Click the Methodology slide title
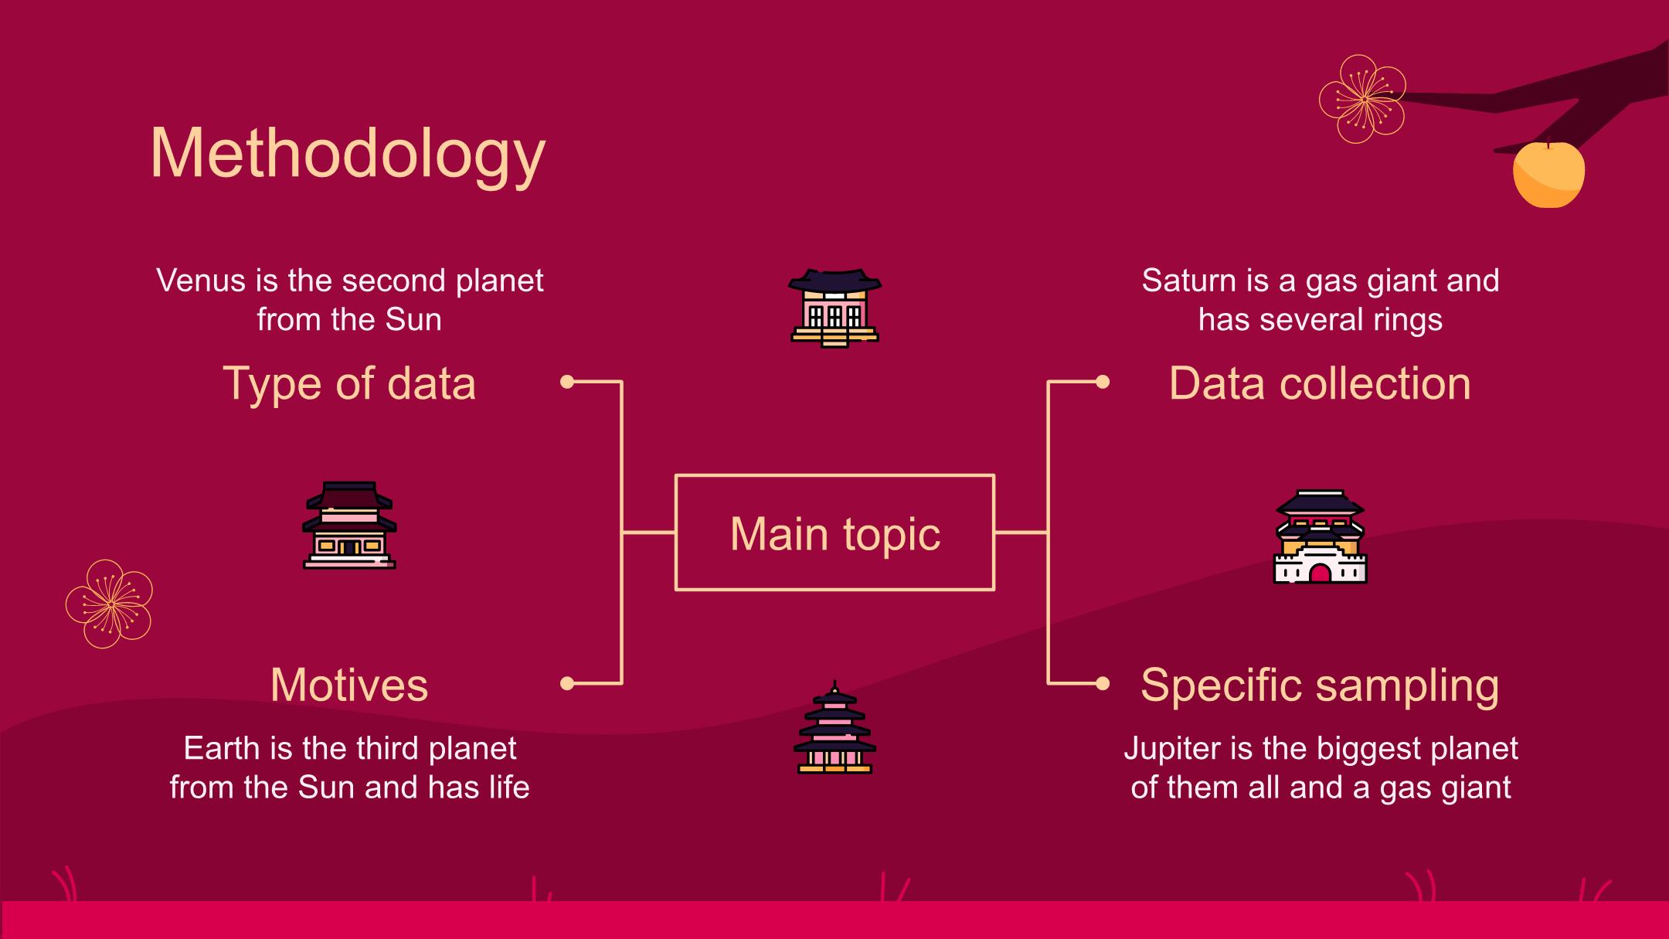point(348,155)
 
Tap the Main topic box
point(834,533)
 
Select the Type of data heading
point(349,383)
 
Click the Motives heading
point(349,685)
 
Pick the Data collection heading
point(1320,383)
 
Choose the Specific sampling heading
point(1320,685)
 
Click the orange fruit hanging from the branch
point(1548,175)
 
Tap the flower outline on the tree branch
point(1362,99)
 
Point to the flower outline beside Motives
point(110,604)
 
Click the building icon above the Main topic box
point(834,308)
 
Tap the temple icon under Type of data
point(349,526)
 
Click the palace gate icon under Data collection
point(1320,536)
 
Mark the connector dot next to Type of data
point(567,382)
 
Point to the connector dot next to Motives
point(567,683)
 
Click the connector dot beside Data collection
point(1103,382)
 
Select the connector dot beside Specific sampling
point(1103,683)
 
